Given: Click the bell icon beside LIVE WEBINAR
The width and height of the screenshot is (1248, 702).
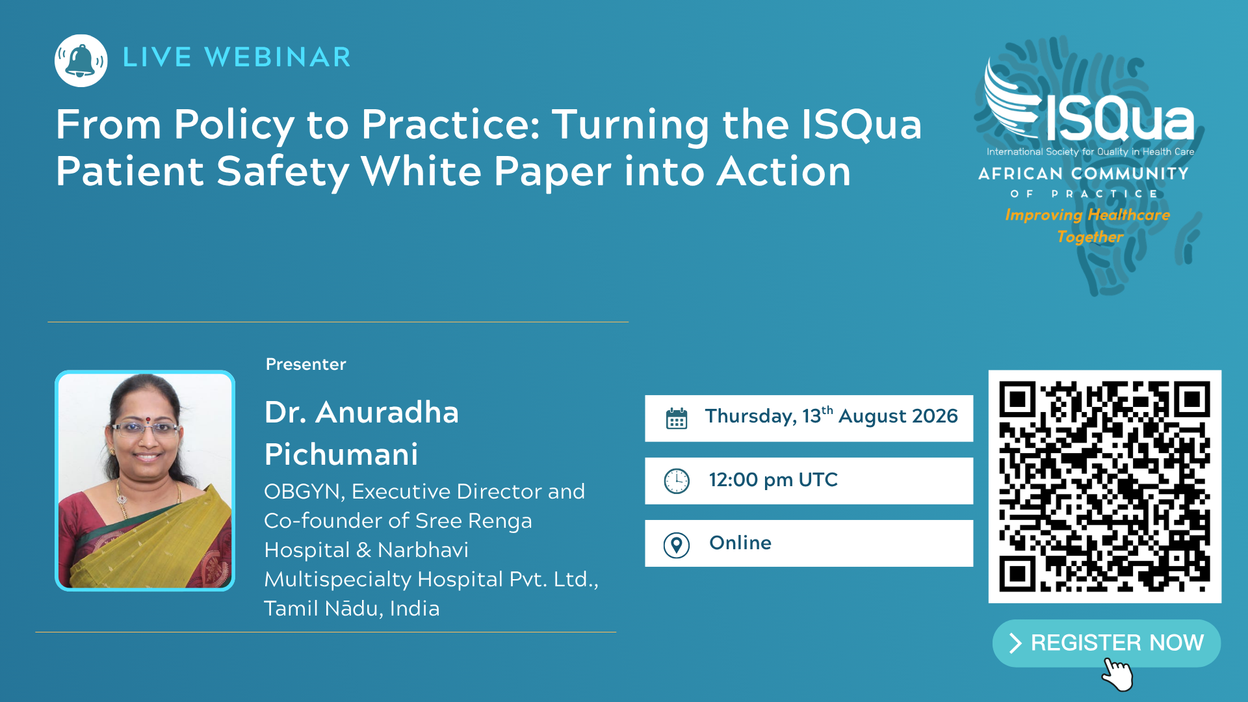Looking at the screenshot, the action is (81, 60).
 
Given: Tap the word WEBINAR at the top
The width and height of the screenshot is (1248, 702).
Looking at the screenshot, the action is (278, 57).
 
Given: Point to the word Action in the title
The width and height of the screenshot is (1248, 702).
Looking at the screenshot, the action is (784, 172).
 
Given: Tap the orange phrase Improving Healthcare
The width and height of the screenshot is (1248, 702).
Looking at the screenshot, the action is (1087, 214).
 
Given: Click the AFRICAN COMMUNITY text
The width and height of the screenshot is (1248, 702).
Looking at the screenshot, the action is (1084, 174).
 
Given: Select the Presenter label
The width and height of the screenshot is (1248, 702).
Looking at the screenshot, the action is (305, 364).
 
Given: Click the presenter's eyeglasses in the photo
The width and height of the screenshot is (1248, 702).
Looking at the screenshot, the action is (146, 429).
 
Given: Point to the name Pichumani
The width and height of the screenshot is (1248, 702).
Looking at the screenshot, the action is (341, 454).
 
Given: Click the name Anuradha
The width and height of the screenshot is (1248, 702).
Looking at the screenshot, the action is (387, 412).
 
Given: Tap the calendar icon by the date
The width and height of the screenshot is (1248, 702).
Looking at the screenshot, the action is (677, 418).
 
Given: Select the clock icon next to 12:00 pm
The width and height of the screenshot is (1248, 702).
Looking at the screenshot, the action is (677, 481).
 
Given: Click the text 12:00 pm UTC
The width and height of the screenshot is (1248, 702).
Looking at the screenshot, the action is (773, 480).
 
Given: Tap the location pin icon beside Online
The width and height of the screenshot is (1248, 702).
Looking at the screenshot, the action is (677, 545).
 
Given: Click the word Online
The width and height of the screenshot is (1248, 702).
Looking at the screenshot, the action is (740, 543).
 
